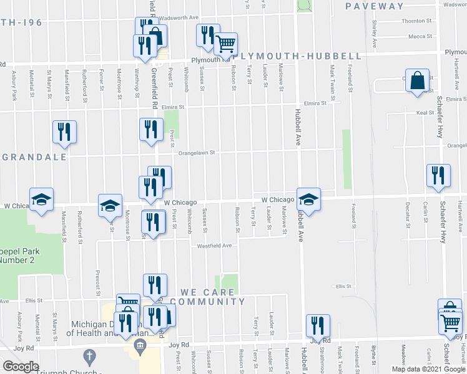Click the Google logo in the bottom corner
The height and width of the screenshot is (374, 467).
21,367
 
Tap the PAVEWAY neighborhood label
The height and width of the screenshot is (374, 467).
376,6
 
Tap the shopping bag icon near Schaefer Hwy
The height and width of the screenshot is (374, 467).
416,81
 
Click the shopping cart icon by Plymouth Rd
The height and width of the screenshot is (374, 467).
225,44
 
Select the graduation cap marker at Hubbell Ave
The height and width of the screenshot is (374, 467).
308,199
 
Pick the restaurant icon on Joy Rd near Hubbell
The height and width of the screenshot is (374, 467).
318,326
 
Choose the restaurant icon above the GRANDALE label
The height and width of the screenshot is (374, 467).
64,132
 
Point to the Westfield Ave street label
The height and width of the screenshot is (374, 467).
215,246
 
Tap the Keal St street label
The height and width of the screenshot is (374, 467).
425,113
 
